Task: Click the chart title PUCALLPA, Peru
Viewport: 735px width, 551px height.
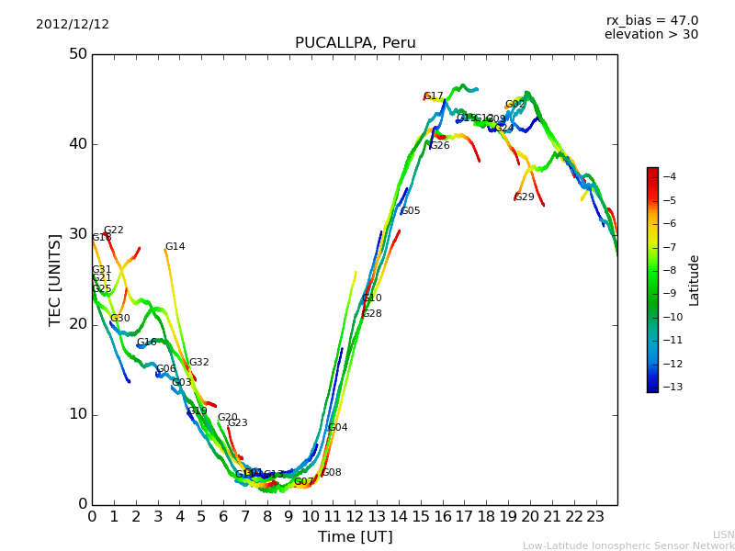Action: tap(355, 43)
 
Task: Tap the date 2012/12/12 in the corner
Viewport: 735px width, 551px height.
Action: tap(73, 24)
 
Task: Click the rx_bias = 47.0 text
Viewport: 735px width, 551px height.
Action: tap(651, 20)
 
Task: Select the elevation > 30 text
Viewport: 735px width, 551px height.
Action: tap(650, 35)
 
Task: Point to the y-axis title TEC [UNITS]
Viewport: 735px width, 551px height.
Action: tap(55, 279)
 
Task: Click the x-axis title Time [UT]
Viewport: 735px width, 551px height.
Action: tap(355, 536)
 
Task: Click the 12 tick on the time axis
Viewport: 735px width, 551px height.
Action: tap(355, 517)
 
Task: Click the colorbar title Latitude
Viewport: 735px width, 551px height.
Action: tap(695, 280)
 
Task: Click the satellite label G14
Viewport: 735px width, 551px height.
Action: tap(175, 247)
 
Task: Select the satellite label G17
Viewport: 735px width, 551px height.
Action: tap(434, 96)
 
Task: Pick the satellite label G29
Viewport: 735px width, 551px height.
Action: tap(524, 197)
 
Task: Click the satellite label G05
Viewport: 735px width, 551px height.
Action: tap(411, 211)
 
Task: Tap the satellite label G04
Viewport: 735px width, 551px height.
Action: tap(337, 428)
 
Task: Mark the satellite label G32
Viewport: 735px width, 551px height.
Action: tap(199, 363)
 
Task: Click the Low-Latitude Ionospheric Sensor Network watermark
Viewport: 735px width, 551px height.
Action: tap(628, 545)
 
